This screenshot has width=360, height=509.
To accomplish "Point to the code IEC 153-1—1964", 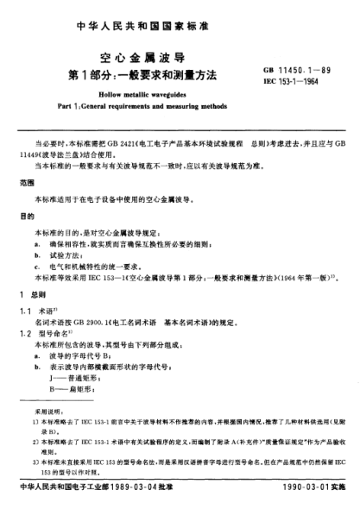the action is pos(295,78).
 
